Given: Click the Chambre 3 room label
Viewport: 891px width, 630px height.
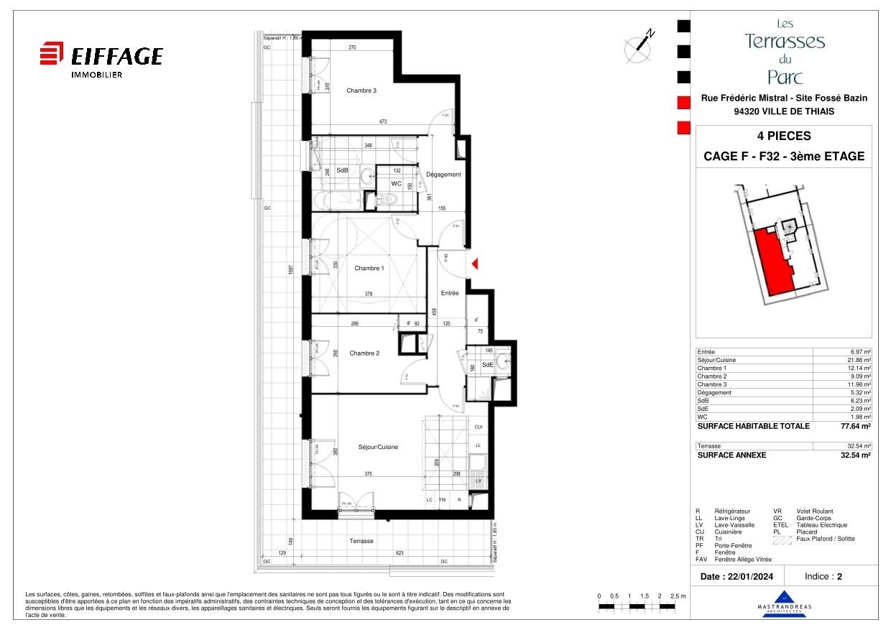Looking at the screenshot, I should pyautogui.click(x=361, y=91).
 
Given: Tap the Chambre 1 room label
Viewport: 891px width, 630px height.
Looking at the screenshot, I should pyautogui.click(x=369, y=268).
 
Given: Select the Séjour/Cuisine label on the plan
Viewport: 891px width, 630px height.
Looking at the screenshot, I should pyautogui.click(x=378, y=447).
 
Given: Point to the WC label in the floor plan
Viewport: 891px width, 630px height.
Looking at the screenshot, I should pyautogui.click(x=395, y=183).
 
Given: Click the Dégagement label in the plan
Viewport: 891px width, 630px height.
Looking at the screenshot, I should pyautogui.click(x=443, y=175).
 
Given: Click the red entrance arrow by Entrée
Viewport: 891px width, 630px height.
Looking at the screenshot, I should pyautogui.click(x=474, y=266).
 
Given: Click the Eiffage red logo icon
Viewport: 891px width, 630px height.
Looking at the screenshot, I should pyautogui.click(x=51, y=55).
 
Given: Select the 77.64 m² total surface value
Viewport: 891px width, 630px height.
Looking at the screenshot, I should pyautogui.click(x=855, y=426).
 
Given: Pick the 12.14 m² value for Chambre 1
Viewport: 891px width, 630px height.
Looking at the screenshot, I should pyautogui.click(x=857, y=368).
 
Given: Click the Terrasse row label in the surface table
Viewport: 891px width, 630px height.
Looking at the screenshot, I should pyautogui.click(x=709, y=446).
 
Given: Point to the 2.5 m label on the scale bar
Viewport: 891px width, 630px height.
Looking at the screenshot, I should pyautogui.click(x=678, y=596).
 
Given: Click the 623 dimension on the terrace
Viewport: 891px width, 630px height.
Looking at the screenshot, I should pyautogui.click(x=400, y=553).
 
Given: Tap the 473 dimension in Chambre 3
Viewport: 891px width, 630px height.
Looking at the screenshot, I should pyautogui.click(x=383, y=122).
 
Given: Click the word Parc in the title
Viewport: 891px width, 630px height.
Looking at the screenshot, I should pyautogui.click(x=784, y=77).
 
